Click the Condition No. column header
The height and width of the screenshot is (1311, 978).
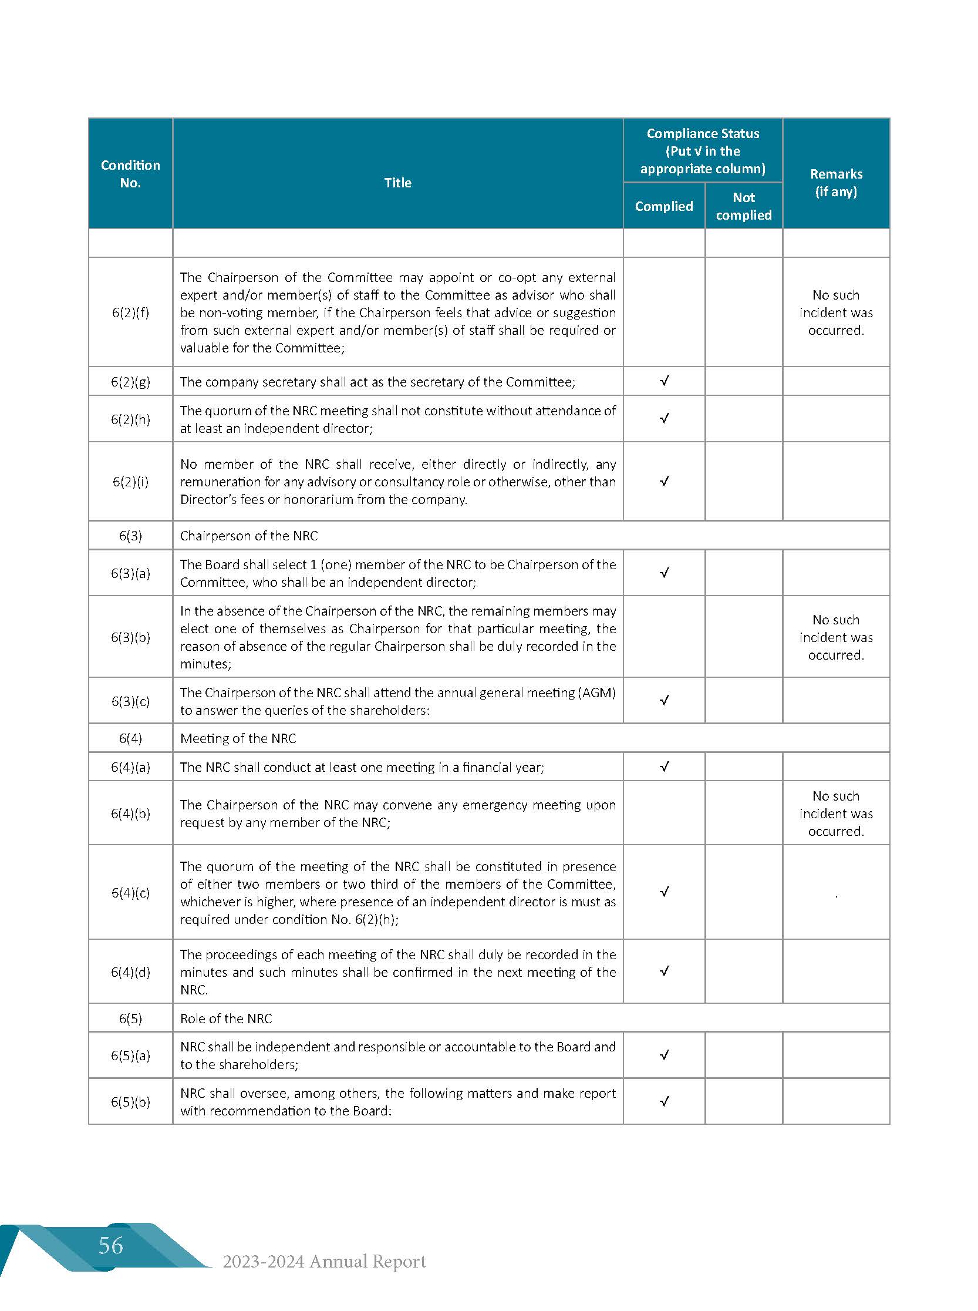(130, 174)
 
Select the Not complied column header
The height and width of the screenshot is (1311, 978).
(744, 206)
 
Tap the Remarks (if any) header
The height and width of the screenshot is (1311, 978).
(836, 183)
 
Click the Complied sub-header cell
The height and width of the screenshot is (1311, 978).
(663, 206)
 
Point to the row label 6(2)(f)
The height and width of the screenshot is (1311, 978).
(130, 312)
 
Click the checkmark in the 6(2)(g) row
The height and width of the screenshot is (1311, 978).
(665, 381)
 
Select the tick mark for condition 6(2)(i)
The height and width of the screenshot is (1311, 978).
(665, 481)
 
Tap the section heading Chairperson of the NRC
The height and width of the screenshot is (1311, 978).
(249, 536)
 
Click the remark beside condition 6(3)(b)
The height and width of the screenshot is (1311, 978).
(836, 637)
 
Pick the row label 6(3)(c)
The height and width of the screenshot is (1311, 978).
(130, 701)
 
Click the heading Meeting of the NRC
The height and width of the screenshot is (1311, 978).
(238, 738)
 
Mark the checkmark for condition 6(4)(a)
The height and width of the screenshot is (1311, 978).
(665, 767)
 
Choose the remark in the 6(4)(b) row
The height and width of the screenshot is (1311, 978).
(836, 813)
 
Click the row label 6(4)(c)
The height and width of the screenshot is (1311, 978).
(130, 892)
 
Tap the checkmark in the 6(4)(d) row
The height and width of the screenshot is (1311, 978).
(665, 971)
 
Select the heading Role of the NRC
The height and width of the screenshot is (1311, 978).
(225, 1018)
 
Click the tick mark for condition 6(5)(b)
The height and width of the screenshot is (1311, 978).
(665, 1101)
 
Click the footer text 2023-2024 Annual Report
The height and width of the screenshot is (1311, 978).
(324, 1261)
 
